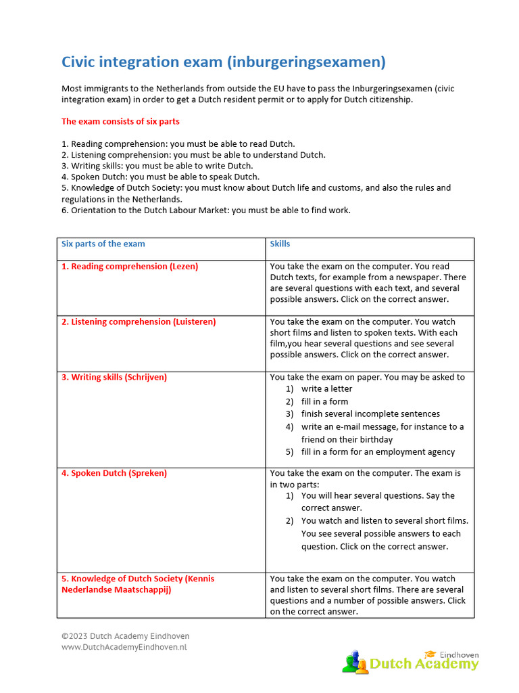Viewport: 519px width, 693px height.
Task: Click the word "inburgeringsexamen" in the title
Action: (305, 62)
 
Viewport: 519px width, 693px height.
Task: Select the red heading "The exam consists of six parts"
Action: (120, 121)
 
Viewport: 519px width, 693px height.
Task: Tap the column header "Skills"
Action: (280, 244)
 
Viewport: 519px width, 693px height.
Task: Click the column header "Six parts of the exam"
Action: (103, 244)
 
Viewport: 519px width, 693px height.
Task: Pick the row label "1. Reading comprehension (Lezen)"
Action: (130, 267)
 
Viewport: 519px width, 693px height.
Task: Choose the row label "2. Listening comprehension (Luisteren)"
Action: (139, 322)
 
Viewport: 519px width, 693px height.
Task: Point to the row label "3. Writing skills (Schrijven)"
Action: (114, 378)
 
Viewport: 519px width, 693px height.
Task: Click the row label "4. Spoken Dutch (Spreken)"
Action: (114, 474)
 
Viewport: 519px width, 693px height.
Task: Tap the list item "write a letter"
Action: (326, 389)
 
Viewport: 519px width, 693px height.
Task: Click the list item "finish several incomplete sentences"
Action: (370, 414)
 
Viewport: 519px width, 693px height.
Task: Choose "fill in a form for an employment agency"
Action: (378, 452)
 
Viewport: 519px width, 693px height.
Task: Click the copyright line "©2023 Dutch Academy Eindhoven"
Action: (125, 636)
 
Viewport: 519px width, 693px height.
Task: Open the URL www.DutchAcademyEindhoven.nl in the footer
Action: (124, 648)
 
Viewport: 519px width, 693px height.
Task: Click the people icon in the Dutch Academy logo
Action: (353, 661)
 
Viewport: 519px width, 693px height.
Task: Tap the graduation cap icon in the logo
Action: (430, 654)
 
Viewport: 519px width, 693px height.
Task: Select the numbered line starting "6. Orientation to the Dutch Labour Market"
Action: (206, 210)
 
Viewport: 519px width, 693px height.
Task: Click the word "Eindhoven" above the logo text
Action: (460, 654)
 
